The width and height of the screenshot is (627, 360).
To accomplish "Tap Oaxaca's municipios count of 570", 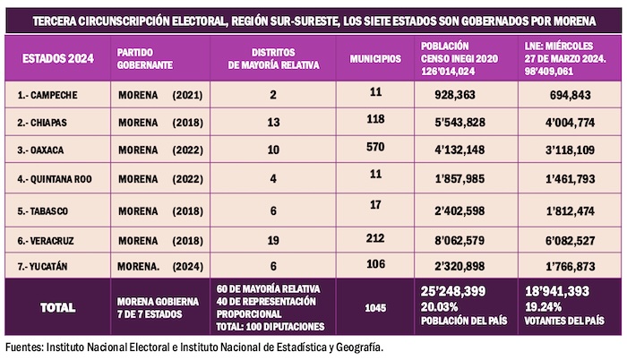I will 376,146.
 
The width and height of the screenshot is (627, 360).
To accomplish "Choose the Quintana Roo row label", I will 53,179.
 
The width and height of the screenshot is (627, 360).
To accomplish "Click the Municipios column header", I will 375,59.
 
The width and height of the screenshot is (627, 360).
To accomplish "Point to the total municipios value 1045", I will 375,307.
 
